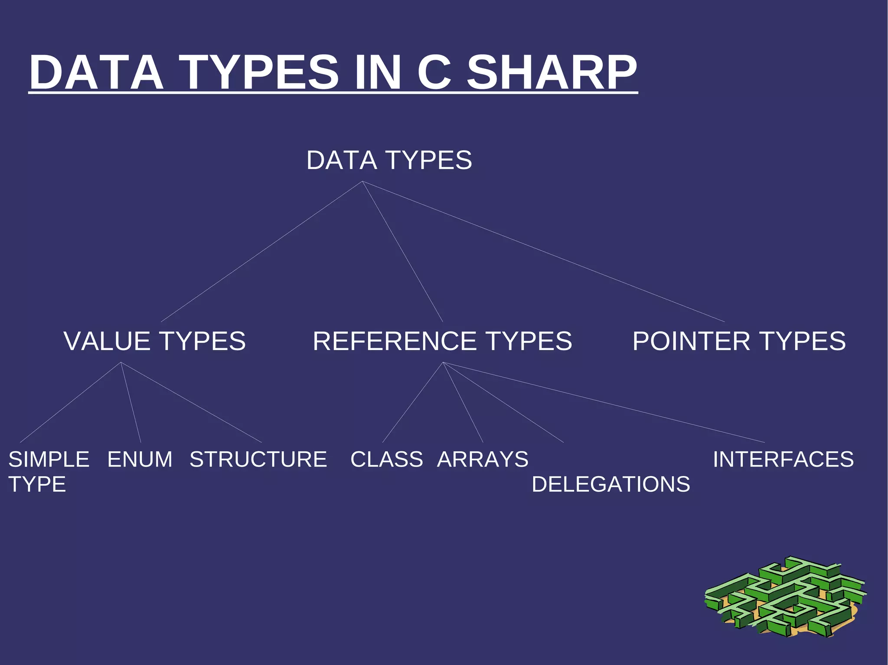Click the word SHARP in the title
coord(552,72)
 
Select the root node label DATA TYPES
coord(389,160)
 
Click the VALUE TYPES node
coord(154,341)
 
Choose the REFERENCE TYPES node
coord(442,341)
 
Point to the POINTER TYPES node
coord(739,341)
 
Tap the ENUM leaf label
coord(140,459)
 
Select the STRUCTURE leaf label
coord(258,459)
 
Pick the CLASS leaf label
coord(386,459)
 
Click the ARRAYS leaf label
coord(483,459)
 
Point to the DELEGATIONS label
coord(610,484)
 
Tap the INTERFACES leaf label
coord(783,459)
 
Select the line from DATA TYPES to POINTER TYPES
coord(543,251)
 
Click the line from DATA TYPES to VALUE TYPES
coord(261,251)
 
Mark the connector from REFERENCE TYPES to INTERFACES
coord(604,402)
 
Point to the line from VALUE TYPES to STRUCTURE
coord(191,402)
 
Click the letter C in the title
coord(435,72)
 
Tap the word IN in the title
coord(377,72)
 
